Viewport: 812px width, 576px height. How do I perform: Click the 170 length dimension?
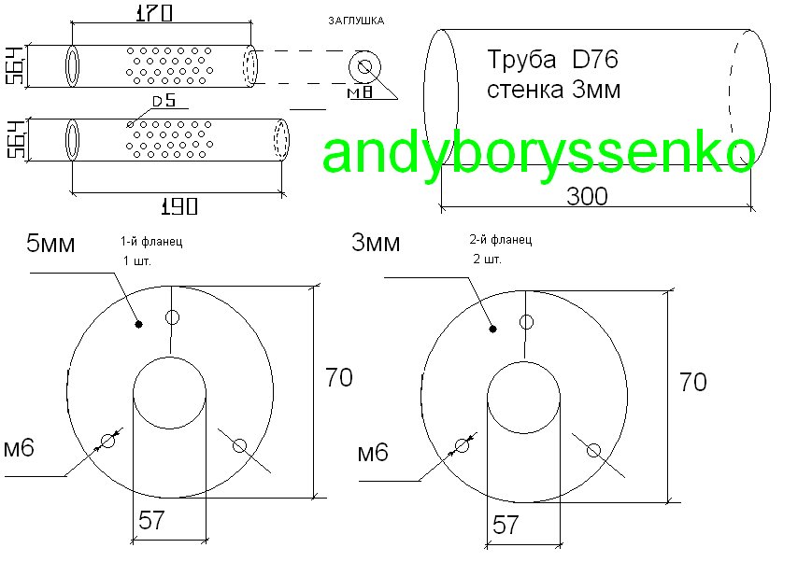tap(154, 12)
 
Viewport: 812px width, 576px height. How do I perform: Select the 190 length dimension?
tap(179, 206)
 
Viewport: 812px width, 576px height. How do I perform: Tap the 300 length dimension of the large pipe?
tap(587, 197)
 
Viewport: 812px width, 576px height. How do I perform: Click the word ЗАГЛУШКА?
tap(356, 21)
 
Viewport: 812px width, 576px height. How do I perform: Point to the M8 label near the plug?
tap(360, 92)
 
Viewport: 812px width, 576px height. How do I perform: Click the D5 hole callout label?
tap(164, 101)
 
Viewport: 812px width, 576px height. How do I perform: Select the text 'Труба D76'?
tap(552, 60)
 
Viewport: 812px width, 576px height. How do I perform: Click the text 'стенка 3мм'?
tap(553, 90)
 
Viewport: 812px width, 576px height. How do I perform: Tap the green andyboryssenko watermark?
tap(538, 153)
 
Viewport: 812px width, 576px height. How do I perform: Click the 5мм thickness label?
tap(50, 243)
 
